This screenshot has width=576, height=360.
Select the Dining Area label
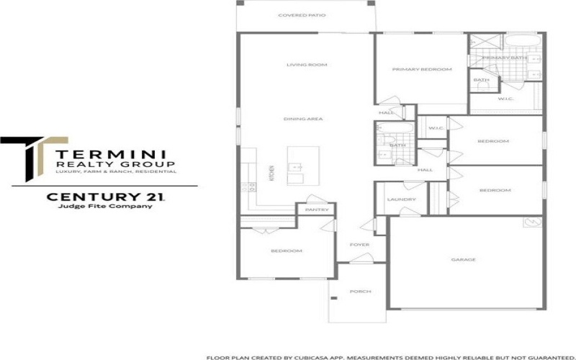[x=302, y=118]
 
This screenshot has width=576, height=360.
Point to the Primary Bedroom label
[x=421, y=69]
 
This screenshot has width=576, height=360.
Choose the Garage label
[x=463, y=259]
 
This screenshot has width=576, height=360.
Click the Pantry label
[x=317, y=210]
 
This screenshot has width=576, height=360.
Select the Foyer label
[x=359, y=245]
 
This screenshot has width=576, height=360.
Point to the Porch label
[x=359, y=292]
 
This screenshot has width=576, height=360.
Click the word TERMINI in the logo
[x=112, y=153]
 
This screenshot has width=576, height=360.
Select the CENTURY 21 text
[x=106, y=196]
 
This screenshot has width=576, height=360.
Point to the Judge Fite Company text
[x=105, y=207]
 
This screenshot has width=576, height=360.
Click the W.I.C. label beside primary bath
[x=504, y=99]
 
